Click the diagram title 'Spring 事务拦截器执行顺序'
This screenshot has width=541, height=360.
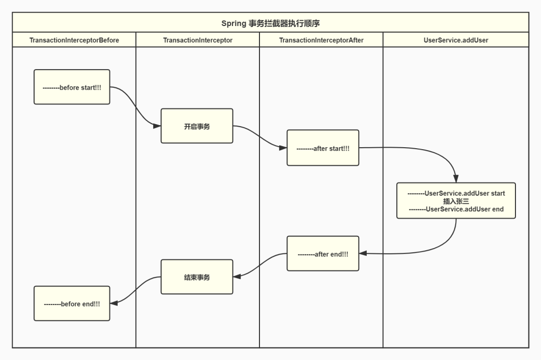pos(270,24)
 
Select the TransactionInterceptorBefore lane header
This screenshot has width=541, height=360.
pos(74,40)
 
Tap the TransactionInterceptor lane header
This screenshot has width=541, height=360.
pos(198,40)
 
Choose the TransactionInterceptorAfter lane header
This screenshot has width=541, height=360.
pos(321,40)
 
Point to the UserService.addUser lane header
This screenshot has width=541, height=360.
pos(456,40)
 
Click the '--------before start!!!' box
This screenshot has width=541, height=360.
pos(72,87)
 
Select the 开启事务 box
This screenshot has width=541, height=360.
pos(197,126)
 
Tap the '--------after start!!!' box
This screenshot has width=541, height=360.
pos(323,148)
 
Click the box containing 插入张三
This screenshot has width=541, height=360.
pos(456,200)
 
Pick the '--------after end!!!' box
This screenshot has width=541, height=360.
pos(323,254)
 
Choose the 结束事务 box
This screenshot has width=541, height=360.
pos(197,277)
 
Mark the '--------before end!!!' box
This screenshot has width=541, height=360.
pos(72,303)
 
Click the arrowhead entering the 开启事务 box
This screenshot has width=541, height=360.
pos(157,126)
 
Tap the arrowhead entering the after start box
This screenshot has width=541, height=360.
pos(283,148)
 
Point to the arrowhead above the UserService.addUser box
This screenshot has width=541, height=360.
pos(456,179)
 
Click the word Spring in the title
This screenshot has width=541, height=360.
pos(233,24)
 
